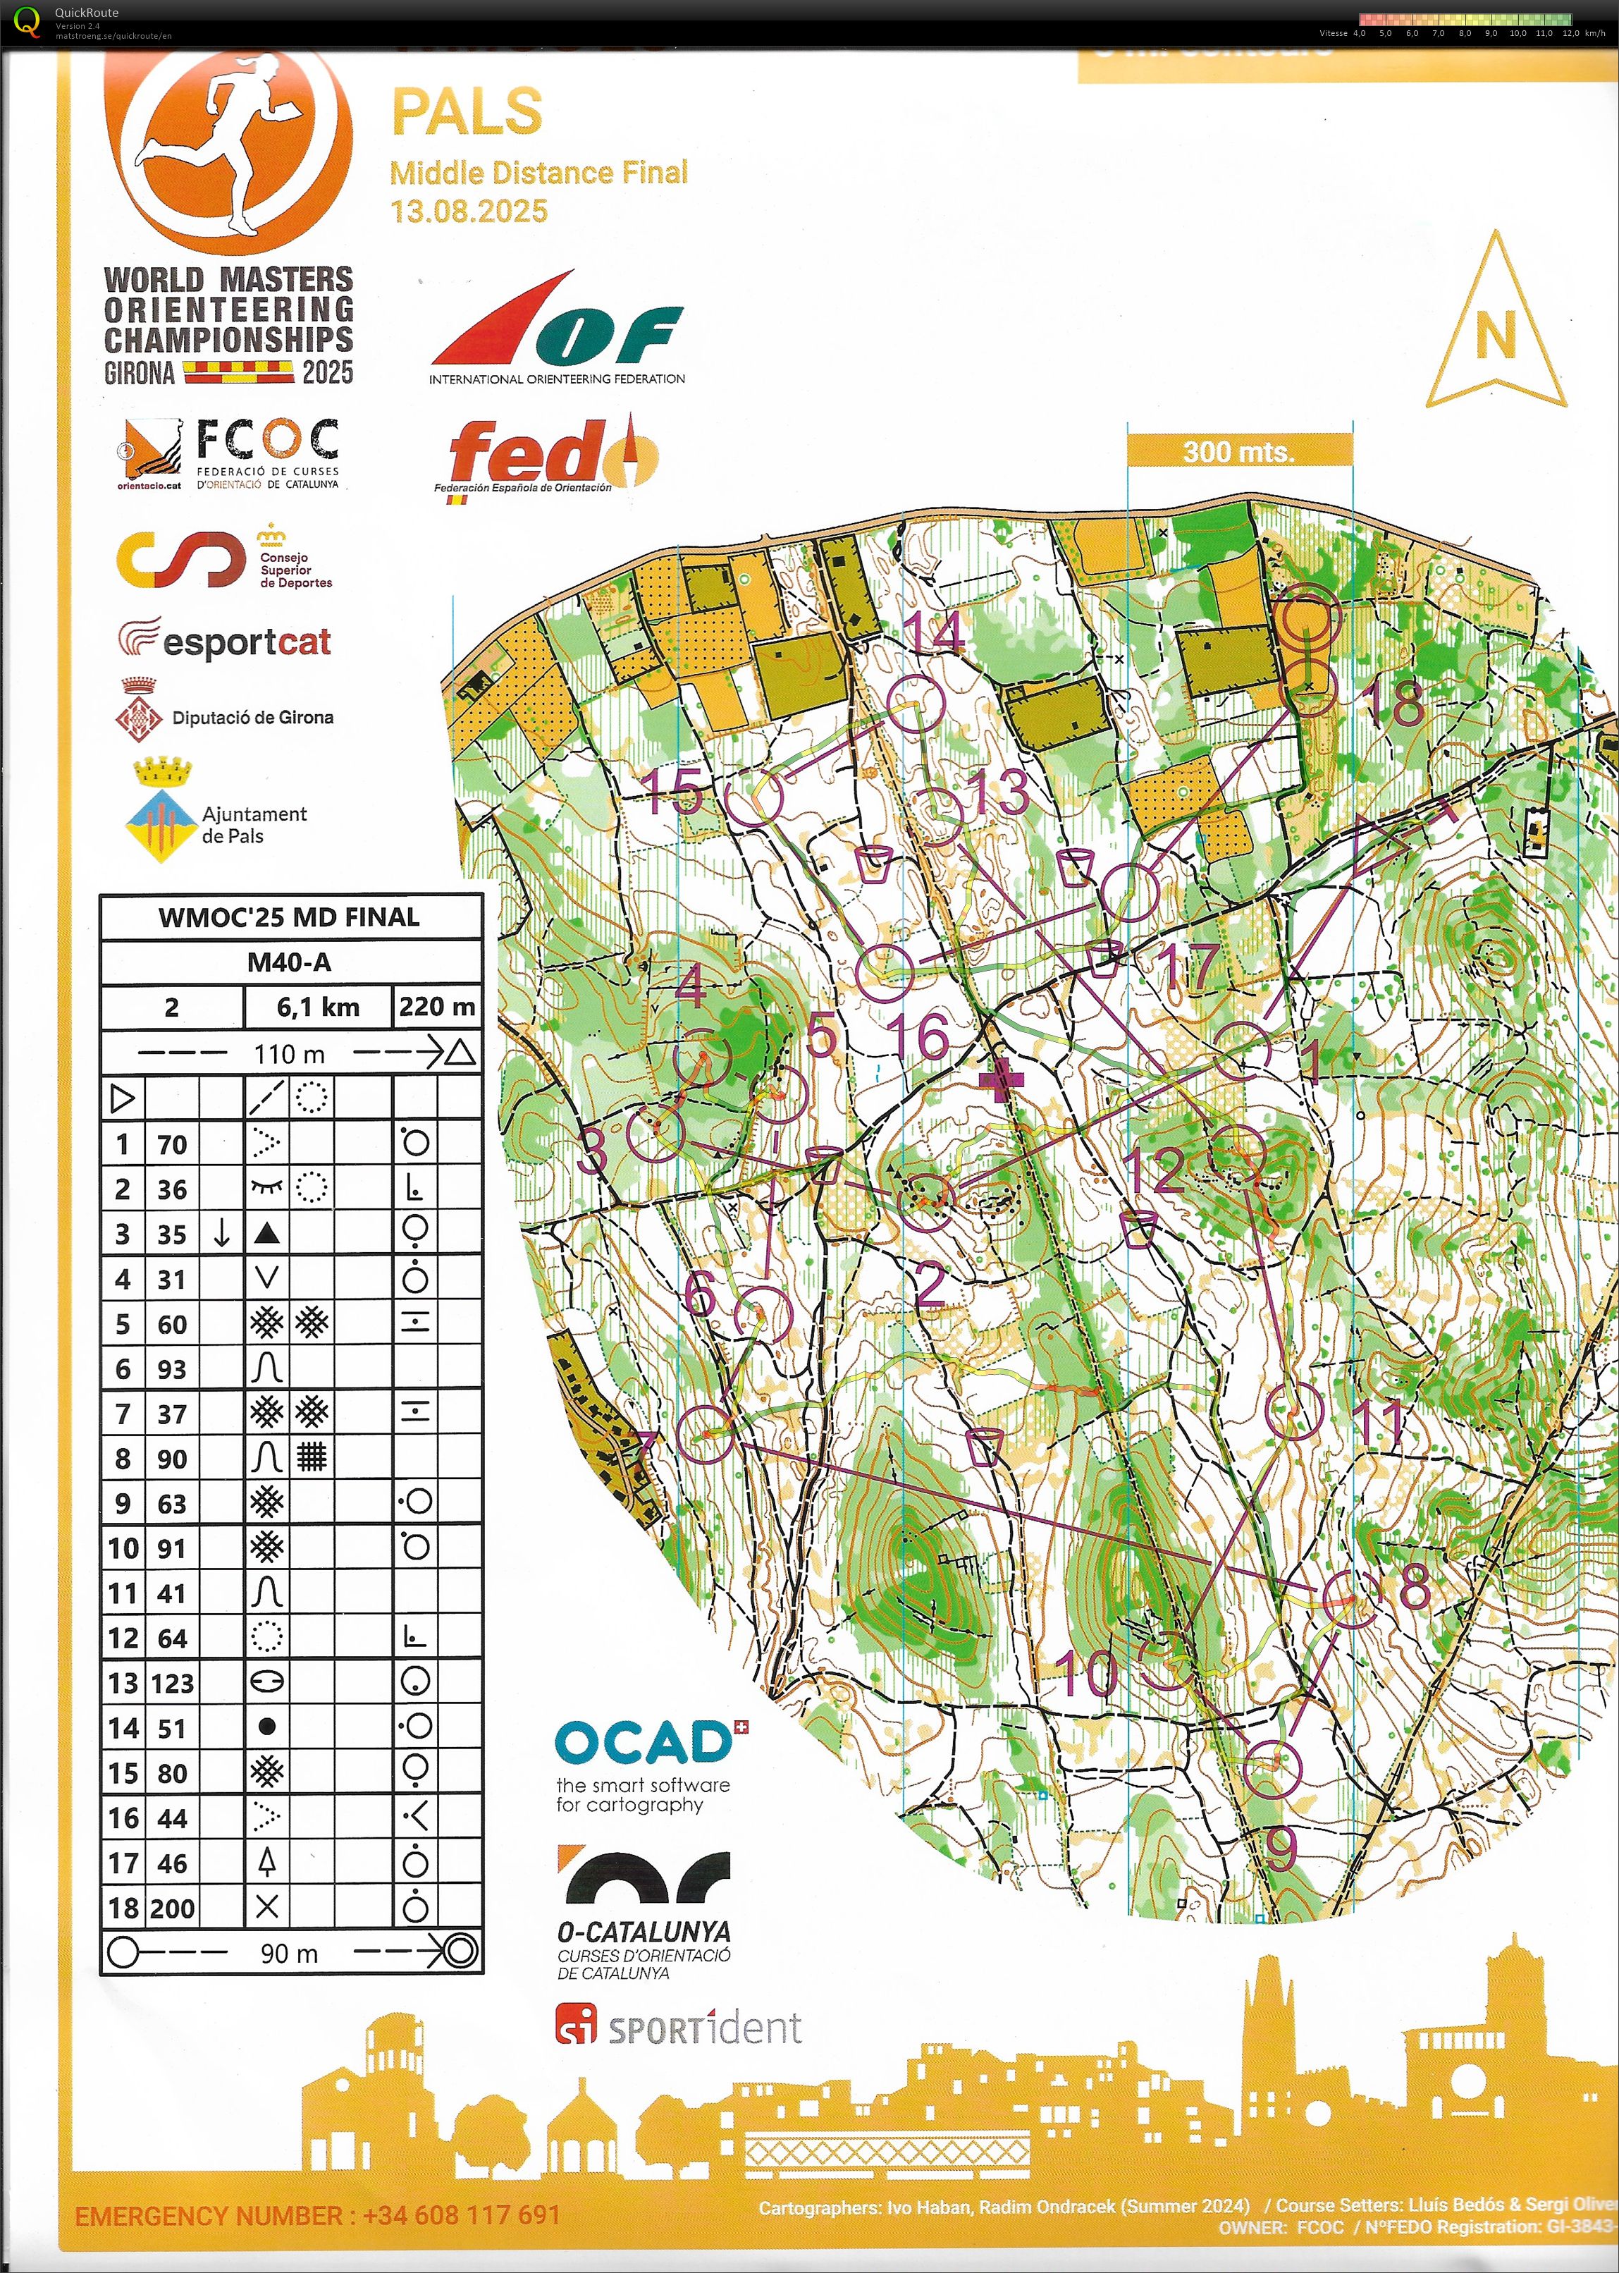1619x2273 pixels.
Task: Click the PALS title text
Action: [x=467, y=111]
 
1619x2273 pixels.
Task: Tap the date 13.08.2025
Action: [x=469, y=212]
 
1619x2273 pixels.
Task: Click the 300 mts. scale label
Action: [x=1238, y=452]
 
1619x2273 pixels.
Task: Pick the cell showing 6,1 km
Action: [x=318, y=1007]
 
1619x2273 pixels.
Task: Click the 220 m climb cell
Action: [x=437, y=1007]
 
